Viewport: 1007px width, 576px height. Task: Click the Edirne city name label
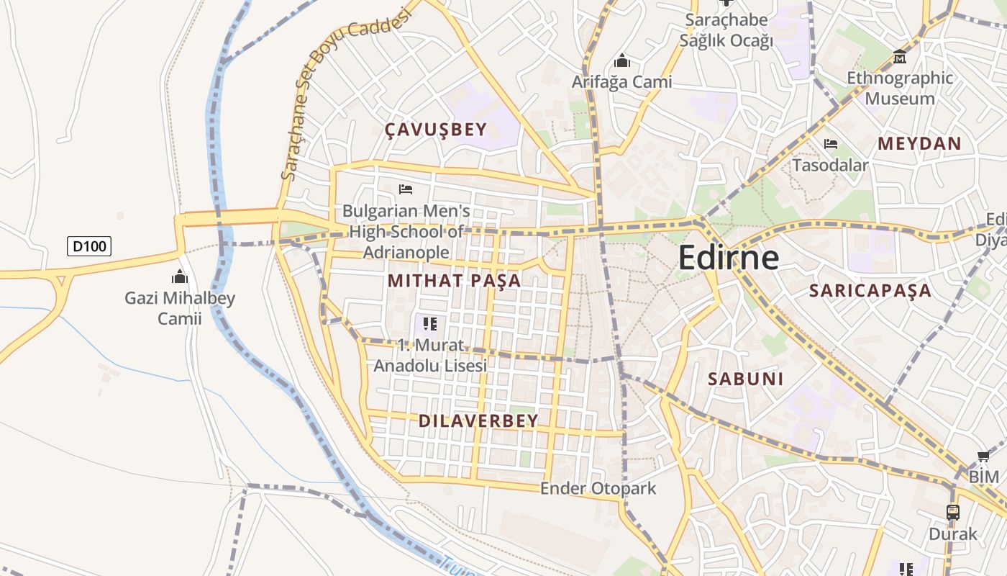[x=728, y=258]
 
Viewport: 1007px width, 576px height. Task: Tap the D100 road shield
[x=89, y=246]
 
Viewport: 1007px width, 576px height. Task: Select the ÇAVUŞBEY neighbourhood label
[x=436, y=130]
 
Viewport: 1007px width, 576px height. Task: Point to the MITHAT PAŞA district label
[x=454, y=281]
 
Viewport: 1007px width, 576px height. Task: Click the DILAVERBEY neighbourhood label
[x=478, y=421]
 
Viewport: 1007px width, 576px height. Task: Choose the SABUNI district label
[x=745, y=379]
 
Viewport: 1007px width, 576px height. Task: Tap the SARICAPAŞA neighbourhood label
[x=870, y=291]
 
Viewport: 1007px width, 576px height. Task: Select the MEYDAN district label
[x=919, y=143]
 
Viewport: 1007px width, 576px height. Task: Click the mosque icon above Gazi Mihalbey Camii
[x=180, y=276]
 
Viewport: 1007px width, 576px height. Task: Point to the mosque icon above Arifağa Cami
[x=622, y=61]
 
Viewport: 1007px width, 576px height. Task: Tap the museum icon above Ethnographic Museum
[x=900, y=56]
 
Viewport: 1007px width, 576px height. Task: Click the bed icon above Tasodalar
[x=831, y=144]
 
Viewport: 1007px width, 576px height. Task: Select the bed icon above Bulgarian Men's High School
[x=406, y=189]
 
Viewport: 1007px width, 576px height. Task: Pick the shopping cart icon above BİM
[x=983, y=456]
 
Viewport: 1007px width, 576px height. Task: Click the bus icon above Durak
[x=953, y=512]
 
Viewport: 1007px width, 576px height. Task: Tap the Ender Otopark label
[x=598, y=488]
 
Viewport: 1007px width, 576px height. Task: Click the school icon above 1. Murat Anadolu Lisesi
[x=430, y=324]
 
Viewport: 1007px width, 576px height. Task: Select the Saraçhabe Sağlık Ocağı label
[x=726, y=30]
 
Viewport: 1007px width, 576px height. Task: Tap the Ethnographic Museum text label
[x=900, y=88]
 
